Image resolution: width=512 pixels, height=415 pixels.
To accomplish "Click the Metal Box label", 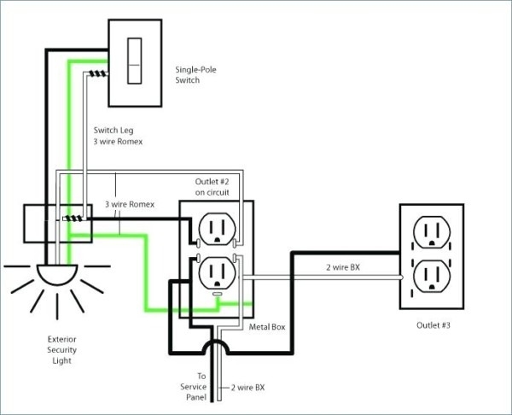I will point(267,327).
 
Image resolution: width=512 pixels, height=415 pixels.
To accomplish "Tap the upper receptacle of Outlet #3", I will point(431,232).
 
